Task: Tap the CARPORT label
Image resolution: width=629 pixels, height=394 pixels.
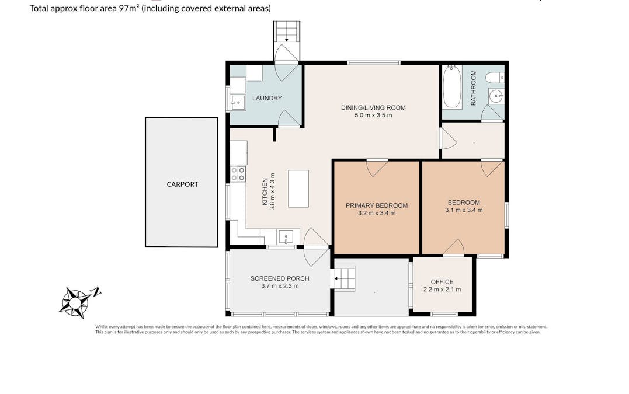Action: point(182,184)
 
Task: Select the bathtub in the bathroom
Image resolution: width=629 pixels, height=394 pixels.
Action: point(452,88)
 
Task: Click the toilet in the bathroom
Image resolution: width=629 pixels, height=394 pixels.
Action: point(495,77)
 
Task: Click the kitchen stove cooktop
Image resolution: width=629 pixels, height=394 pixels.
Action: point(238,173)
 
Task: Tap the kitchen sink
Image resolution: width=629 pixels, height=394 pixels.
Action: point(285,236)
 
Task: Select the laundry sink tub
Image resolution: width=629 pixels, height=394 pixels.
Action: point(237,103)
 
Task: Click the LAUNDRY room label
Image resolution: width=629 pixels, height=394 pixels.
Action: point(267,98)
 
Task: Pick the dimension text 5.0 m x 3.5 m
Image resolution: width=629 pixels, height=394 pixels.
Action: point(373,116)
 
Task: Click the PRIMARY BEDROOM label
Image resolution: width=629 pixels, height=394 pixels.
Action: point(377,205)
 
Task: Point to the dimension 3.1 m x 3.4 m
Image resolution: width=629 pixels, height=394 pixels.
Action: point(464,210)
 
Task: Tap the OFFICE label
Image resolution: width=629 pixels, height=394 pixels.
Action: point(442,282)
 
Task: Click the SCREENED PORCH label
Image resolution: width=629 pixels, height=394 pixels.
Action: point(280,278)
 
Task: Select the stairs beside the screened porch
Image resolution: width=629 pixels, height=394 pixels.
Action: point(344,278)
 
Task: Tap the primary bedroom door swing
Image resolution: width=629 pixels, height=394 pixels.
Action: point(376,168)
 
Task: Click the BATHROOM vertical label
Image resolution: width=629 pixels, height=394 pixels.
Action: point(474,88)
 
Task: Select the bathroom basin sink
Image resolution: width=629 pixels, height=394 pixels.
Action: point(495,96)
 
